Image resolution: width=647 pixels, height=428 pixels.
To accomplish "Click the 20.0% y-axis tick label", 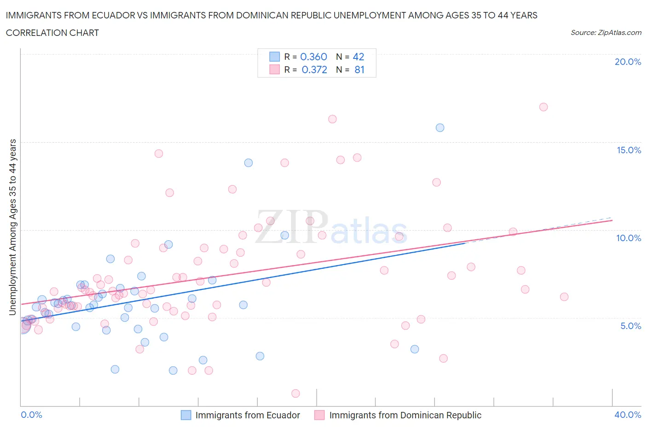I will coord(628,62).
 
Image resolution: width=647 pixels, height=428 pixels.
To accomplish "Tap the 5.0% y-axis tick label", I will coord(630,326).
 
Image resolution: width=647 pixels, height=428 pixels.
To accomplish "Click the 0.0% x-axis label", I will coord(31,415).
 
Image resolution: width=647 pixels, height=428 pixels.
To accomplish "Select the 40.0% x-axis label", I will coord(628,415).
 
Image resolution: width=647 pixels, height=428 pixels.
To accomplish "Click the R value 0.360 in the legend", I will coord(313,57).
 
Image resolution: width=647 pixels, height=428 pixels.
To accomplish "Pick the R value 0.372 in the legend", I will coord(314,69).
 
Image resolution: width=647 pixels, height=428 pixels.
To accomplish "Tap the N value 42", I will coord(358,57).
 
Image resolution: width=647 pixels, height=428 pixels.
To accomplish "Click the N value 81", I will coord(359,69).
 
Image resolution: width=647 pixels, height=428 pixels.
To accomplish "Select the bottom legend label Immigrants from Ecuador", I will coord(248,415).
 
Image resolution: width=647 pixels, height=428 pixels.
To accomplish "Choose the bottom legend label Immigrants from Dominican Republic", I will coord(405,415).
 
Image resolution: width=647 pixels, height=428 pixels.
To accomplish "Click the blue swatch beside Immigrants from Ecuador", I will coord(186,415).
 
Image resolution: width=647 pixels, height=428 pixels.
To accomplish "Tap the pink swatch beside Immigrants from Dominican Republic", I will coord(319,415).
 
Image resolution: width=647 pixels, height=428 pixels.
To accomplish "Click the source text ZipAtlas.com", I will coord(619,32).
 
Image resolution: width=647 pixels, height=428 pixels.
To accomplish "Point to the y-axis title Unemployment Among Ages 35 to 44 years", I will coord(12,227).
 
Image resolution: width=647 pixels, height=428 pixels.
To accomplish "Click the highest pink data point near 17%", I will coord(543,107).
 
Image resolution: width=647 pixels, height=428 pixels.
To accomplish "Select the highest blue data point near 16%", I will coord(440,127).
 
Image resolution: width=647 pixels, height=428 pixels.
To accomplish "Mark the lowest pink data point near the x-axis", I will coord(295,393).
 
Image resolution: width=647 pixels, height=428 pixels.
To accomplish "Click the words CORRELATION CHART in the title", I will coord(52,33).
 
